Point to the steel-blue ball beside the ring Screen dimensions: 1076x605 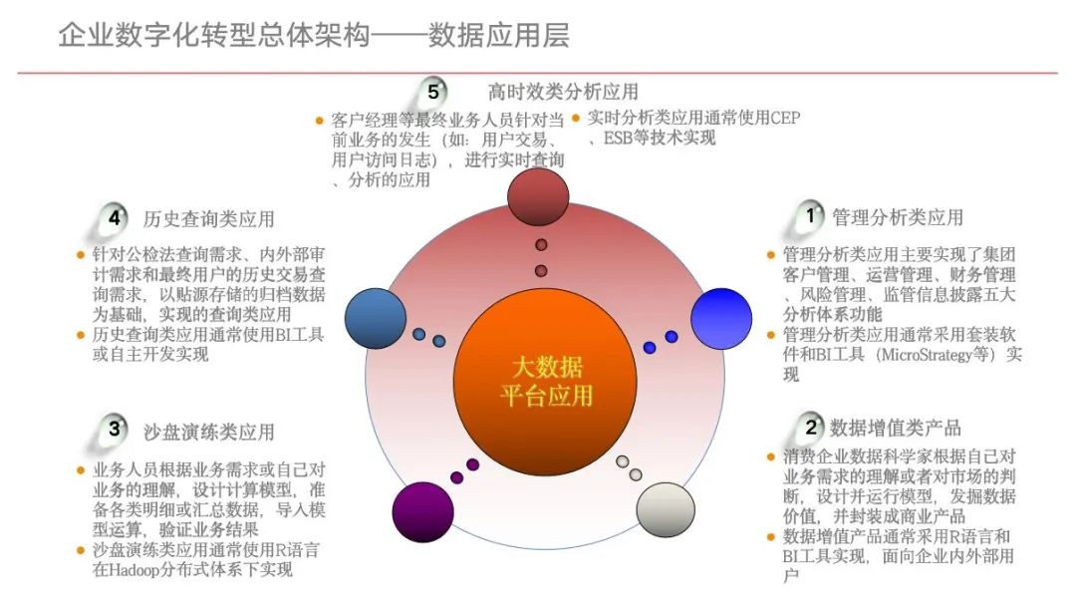pyautogui.click(x=377, y=317)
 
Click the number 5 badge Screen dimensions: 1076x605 pyautogui.click(x=433, y=92)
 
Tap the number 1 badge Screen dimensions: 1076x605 pyautogui.click(x=811, y=214)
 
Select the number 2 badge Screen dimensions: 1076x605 pyautogui.click(x=811, y=428)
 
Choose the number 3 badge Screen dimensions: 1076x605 pyautogui.click(x=116, y=430)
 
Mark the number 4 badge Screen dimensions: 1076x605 pyautogui.click(x=116, y=216)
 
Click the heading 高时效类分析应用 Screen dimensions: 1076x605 pyautogui.click(x=563, y=93)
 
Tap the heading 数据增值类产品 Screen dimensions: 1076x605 pyautogui.click(x=896, y=429)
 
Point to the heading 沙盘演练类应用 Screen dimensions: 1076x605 pyautogui.click(x=208, y=432)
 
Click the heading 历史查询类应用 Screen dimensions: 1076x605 pyautogui.click(x=208, y=218)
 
